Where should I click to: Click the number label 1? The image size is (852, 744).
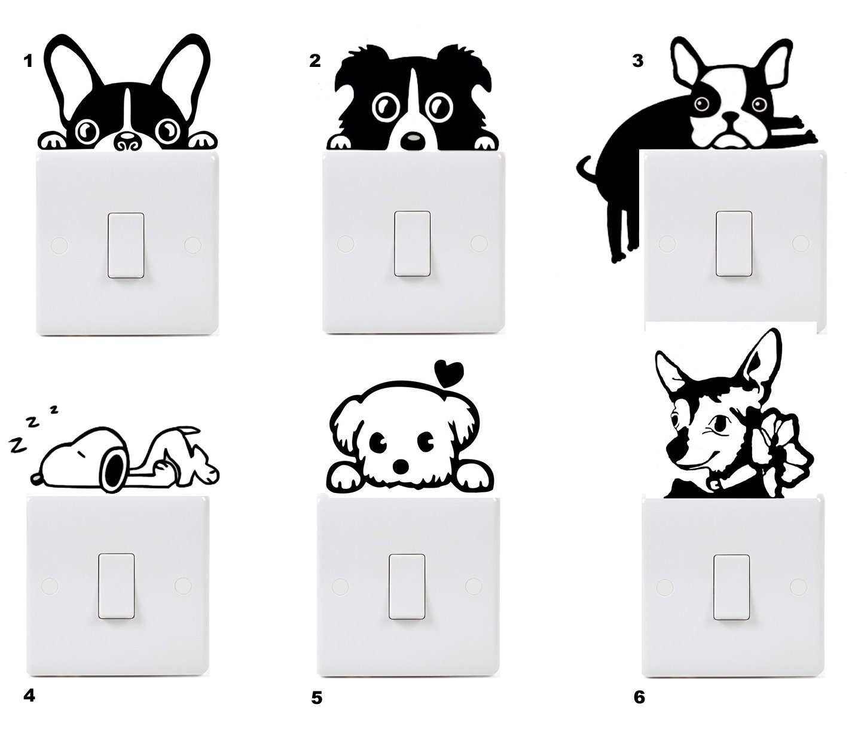tap(28, 60)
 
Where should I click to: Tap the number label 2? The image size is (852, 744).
tap(315, 60)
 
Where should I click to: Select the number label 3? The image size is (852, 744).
tap(638, 60)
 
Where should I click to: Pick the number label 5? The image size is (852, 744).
tap(316, 697)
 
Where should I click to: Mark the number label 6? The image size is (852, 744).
tap(639, 697)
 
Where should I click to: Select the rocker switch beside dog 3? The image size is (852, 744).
tap(734, 243)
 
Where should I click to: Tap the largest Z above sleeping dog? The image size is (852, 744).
tap(17, 445)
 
